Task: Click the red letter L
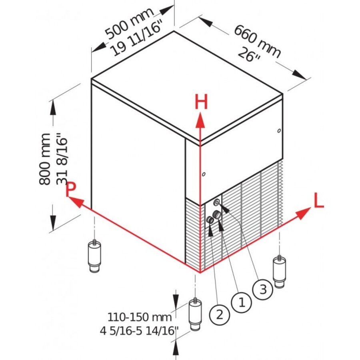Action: [318, 201]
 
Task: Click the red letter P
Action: [71, 190]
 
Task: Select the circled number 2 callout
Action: [219, 314]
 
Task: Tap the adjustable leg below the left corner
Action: [94, 257]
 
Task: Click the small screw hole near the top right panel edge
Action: [278, 130]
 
